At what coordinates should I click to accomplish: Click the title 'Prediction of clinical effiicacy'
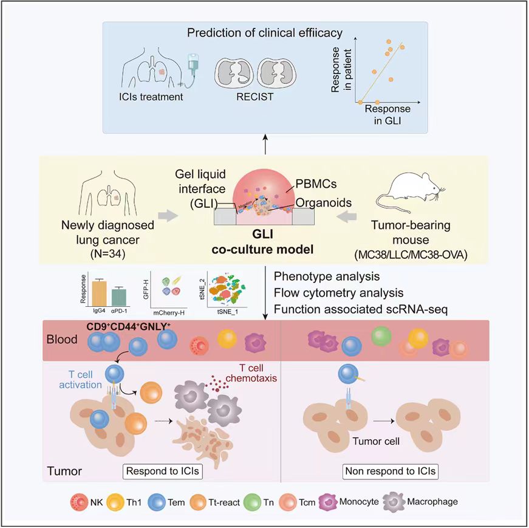click(265, 33)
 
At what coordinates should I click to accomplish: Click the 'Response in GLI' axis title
click(387, 114)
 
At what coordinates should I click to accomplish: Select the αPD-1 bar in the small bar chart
click(120, 297)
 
